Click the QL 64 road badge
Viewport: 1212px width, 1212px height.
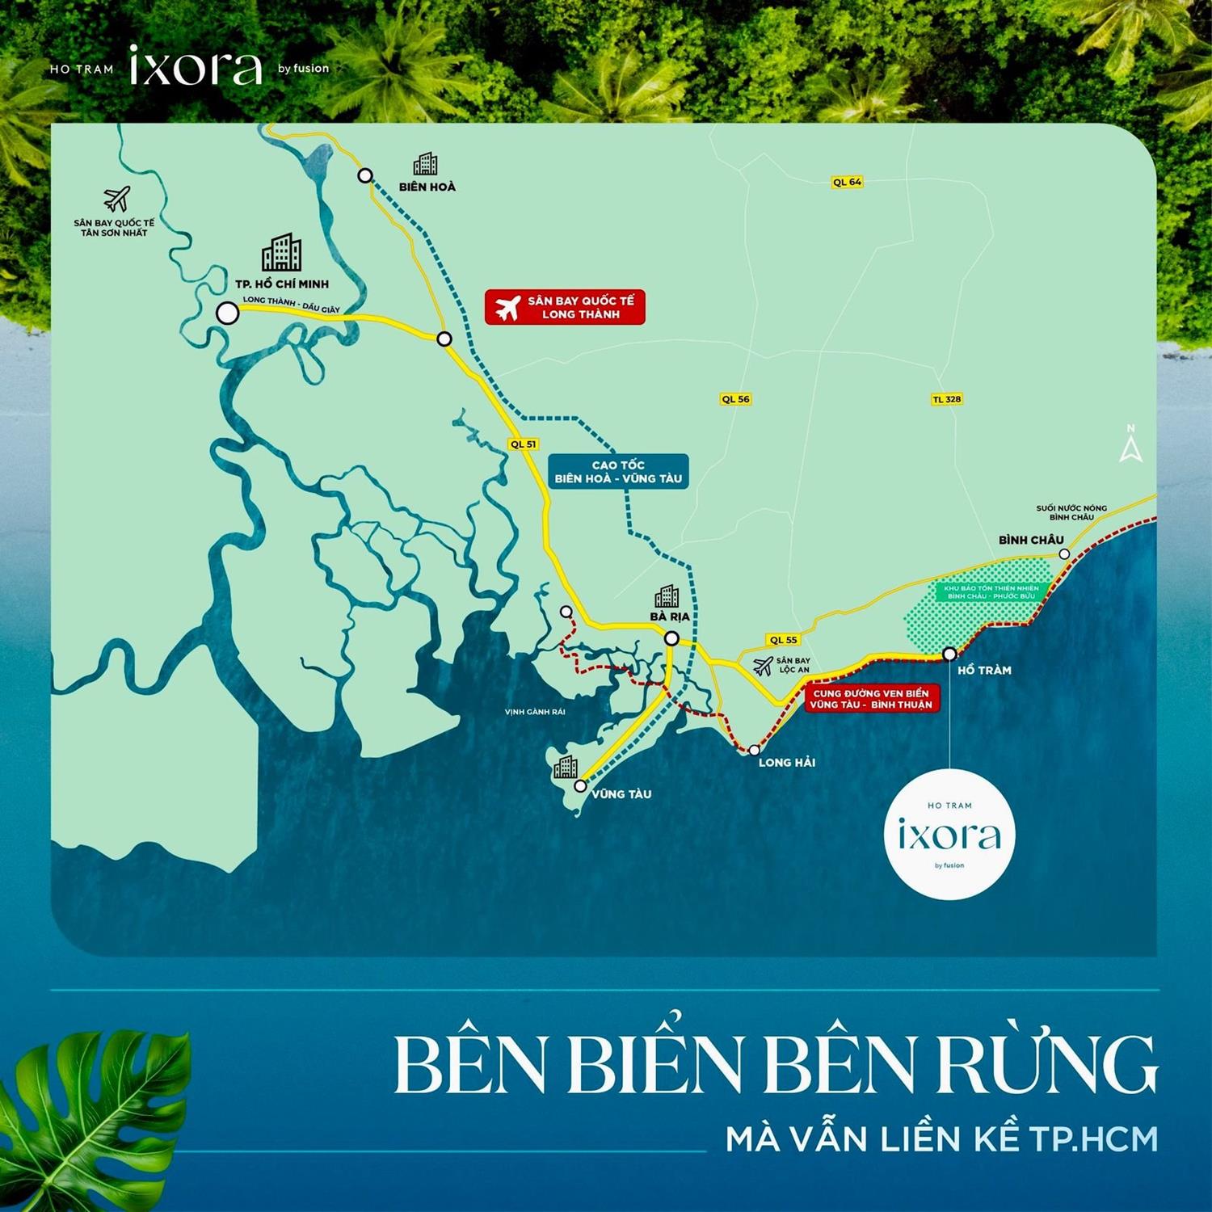pos(848,183)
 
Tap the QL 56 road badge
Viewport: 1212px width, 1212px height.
pos(735,399)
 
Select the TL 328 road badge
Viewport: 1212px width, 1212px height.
pos(947,399)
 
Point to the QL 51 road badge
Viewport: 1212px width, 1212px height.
pos(524,444)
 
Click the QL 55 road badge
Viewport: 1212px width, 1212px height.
pos(783,640)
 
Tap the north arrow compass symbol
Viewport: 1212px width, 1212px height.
pos(1131,444)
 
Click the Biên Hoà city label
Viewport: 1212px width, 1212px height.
pos(427,187)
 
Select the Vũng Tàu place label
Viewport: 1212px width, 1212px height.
pos(621,794)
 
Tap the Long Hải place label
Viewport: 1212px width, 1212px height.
pos(787,763)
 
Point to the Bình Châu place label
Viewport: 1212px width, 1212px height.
pos(1031,540)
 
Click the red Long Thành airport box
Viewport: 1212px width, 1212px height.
pos(565,308)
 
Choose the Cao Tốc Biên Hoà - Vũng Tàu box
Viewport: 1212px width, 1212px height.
pos(618,472)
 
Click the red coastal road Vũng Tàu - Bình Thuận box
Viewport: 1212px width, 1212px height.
pos(871,699)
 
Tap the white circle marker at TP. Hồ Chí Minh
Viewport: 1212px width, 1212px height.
pos(228,314)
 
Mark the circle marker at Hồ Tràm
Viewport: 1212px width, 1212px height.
pos(950,654)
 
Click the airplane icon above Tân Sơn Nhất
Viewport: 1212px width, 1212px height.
pos(116,199)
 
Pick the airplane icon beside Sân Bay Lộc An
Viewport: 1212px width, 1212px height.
pos(762,666)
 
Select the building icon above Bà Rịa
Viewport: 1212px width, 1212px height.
pos(667,596)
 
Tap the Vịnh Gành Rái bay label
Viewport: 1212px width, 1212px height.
pos(535,712)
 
